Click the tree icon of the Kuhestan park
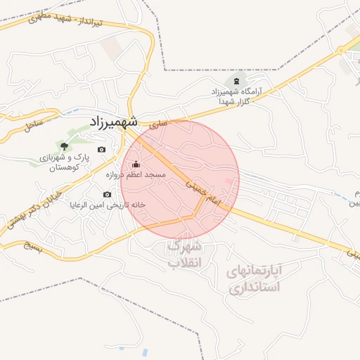[x=65, y=146]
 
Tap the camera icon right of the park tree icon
[x=102, y=150]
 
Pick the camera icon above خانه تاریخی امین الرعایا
[x=108, y=194]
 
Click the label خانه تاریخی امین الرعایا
[x=107, y=205]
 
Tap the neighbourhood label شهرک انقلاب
[x=185, y=255]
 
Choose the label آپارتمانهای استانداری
[x=255, y=278]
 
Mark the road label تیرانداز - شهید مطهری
[x=66, y=20]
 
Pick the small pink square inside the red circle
[x=227, y=183]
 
